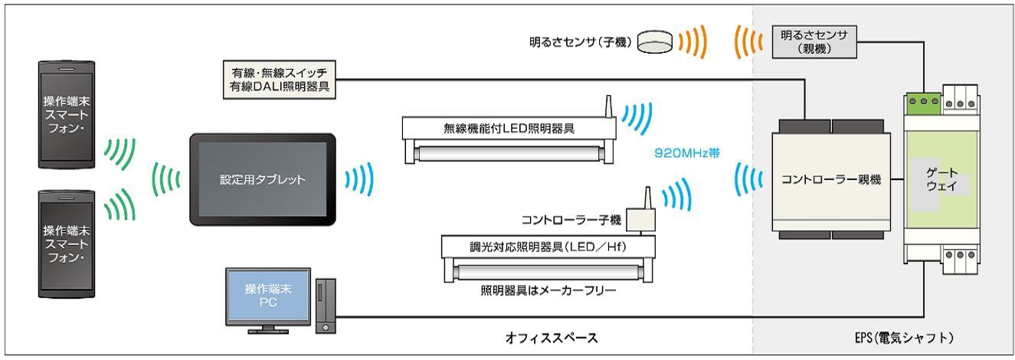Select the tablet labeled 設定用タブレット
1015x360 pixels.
click(x=262, y=182)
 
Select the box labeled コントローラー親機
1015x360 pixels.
click(x=831, y=181)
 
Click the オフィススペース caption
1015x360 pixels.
click(x=555, y=336)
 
